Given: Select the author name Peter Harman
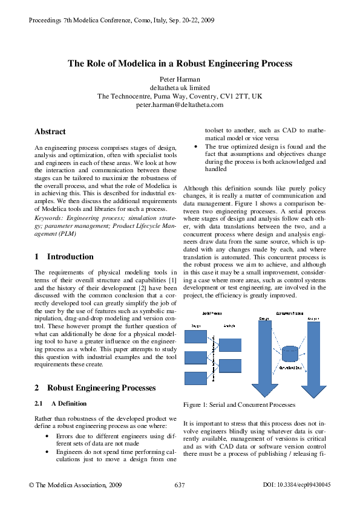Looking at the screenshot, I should coord(180,79).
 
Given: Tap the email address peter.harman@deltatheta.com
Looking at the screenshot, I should coord(180,105).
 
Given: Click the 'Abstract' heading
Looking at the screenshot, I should coord(50,131).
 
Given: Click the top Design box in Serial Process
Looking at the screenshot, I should coord(195,337).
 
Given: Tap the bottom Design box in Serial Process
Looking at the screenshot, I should coord(195,378).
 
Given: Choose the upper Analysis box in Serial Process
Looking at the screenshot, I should coord(230,345).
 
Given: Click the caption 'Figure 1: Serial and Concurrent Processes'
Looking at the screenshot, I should coord(231,404).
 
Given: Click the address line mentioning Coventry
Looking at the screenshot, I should coord(180,96).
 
